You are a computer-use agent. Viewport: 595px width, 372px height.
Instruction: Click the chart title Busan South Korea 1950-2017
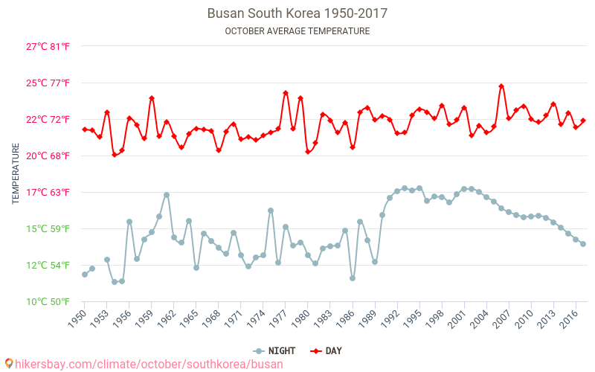(297, 13)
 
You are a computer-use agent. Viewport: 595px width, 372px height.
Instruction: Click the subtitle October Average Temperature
(297, 31)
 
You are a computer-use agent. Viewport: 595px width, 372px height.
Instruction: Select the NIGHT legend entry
(275, 350)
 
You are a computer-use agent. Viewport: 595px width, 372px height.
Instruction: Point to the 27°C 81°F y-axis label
(48, 46)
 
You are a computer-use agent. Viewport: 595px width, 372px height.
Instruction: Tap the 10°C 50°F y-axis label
(48, 301)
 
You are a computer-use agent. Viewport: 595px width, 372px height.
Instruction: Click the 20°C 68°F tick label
(48, 155)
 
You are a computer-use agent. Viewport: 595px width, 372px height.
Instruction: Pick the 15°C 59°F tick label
(48, 228)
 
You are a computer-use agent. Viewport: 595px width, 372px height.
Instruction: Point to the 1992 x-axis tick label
(392, 318)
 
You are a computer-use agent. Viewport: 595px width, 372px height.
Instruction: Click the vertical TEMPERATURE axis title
(16, 174)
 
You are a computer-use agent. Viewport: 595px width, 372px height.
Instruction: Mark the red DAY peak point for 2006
(501, 86)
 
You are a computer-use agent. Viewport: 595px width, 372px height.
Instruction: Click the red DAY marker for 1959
(152, 98)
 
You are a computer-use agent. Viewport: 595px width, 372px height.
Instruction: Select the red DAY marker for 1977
(286, 93)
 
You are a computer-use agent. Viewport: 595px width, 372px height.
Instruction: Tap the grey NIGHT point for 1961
(167, 195)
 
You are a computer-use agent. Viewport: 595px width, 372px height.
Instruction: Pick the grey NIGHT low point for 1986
(353, 278)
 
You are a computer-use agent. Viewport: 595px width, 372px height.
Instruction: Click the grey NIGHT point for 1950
(85, 275)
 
